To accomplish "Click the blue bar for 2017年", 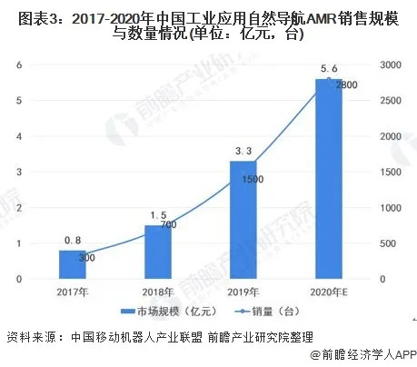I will click(x=72, y=264).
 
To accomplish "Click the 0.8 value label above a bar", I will click(x=73, y=242).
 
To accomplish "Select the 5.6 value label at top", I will click(x=329, y=69).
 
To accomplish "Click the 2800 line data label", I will click(x=346, y=84).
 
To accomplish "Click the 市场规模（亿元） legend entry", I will click(x=165, y=314).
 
